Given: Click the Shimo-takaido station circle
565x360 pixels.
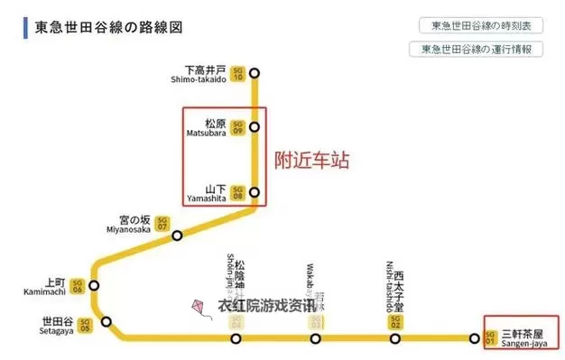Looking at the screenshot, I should (x=255, y=73).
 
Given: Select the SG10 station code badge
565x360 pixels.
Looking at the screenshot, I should (x=238, y=73).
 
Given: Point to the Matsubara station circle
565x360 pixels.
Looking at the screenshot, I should (x=255, y=126).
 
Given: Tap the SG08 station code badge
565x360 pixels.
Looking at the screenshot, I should (x=238, y=192).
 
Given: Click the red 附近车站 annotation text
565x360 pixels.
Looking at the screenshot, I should (x=311, y=161).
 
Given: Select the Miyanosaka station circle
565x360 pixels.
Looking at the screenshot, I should (x=178, y=235).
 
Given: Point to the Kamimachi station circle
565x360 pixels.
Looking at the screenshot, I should (x=93, y=285).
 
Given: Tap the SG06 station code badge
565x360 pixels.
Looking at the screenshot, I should (x=78, y=285).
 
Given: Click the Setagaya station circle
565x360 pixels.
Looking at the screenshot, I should (x=107, y=321).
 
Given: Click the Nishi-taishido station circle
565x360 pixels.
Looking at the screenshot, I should (x=394, y=339).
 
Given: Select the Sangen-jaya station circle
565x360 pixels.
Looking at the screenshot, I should (x=475, y=339).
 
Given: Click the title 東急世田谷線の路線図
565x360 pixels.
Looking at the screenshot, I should (x=109, y=27).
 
